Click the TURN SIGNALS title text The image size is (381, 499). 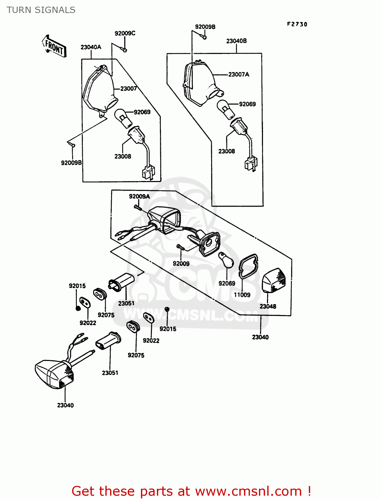pyautogui.click(x=41, y=10)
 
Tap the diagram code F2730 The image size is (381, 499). pyautogui.click(x=297, y=24)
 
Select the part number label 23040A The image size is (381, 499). pyautogui.click(x=91, y=47)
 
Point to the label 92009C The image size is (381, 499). pyautogui.click(x=125, y=33)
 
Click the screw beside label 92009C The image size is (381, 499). pyautogui.click(x=124, y=50)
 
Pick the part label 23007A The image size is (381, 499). pyautogui.click(x=238, y=75)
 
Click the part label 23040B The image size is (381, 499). pyautogui.click(x=236, y=41)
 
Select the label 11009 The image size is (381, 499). pyautogui.click(x=242, y=295)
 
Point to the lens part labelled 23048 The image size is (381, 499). pyautogui.click(x=274, y=280)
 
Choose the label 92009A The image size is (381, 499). pyautogui.click(x=139, y=197)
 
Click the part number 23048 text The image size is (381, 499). pyautogui.click(x=268, y=306)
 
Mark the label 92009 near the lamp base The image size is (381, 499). pyautogui.click(x=181, y=263)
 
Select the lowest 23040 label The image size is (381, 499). pyautogui.click(x=65, y=405)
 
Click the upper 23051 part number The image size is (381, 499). pyautogui.click(x=126, y=303)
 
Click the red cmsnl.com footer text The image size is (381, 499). pyautogui.click(x=191, y=491)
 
